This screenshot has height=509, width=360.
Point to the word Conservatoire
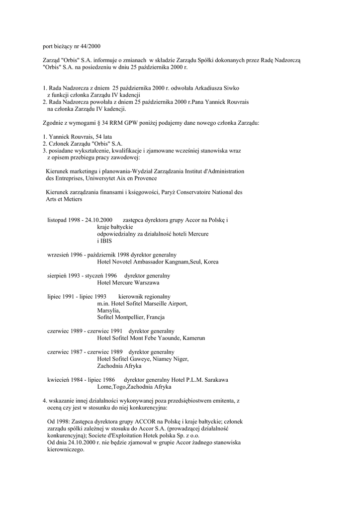coord(195,192)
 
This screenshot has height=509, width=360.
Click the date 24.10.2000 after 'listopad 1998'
coord(99,220)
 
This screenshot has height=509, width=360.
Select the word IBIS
coord(104,241)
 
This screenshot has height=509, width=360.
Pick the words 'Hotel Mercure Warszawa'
coord(128,282)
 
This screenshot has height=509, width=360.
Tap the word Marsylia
coord(108,310)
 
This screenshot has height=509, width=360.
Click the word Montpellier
coord(132,317)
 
